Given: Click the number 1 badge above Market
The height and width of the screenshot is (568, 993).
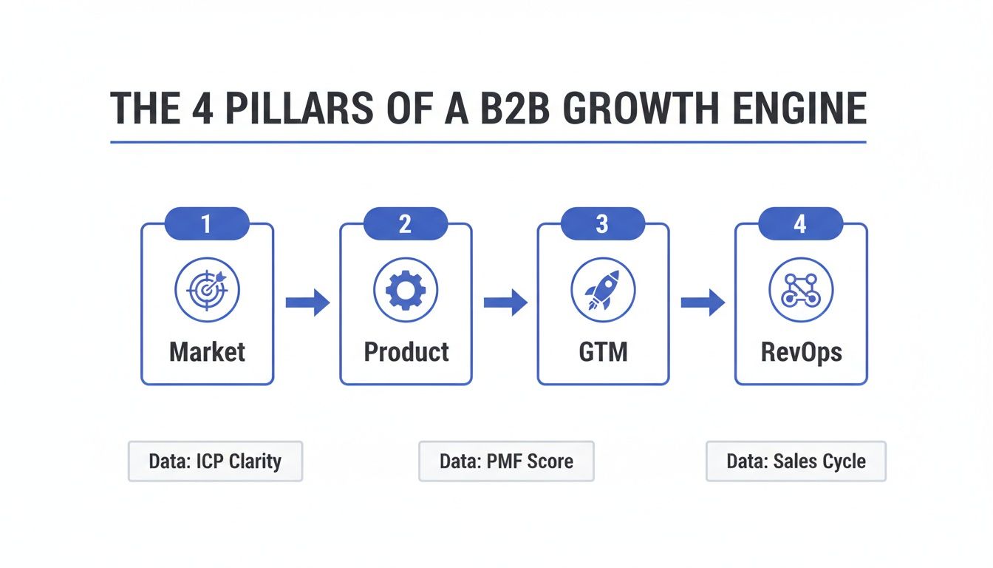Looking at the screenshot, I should (x=207, y=224).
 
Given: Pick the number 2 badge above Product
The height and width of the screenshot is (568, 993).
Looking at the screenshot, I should (x=405, y=224).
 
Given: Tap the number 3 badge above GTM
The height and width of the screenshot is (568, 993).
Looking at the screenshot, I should (x=602, y=224).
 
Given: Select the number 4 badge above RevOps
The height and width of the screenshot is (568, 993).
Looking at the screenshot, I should (x=800, y=224).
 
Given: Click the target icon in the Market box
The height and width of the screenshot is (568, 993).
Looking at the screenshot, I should (x=207, y=289).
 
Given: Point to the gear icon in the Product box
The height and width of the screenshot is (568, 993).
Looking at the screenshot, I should (x=406, y=289).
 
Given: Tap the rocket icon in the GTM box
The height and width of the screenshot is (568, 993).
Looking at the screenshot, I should (x=603, y=289).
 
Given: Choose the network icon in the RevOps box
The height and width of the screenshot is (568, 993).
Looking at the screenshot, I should (x=801, y=289).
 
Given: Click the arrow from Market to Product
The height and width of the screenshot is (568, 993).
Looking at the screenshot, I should (x=307, y=302).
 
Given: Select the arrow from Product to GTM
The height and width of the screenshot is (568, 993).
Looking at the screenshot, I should (x=505, y=302).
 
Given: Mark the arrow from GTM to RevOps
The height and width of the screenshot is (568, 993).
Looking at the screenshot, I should (x=702, y=302).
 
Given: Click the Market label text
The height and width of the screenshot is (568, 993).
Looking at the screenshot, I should (x=207, y=351).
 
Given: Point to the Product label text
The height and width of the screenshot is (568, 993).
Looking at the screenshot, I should (x=406, y=351).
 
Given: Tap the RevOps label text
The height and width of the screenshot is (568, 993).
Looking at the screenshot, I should (x=801, y=351).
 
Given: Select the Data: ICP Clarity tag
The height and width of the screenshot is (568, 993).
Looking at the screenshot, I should (x=215, y=461).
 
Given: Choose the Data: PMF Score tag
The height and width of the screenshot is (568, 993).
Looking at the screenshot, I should (x=506, y=461).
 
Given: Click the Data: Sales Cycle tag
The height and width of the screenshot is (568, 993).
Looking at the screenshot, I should (x=796, y=461).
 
